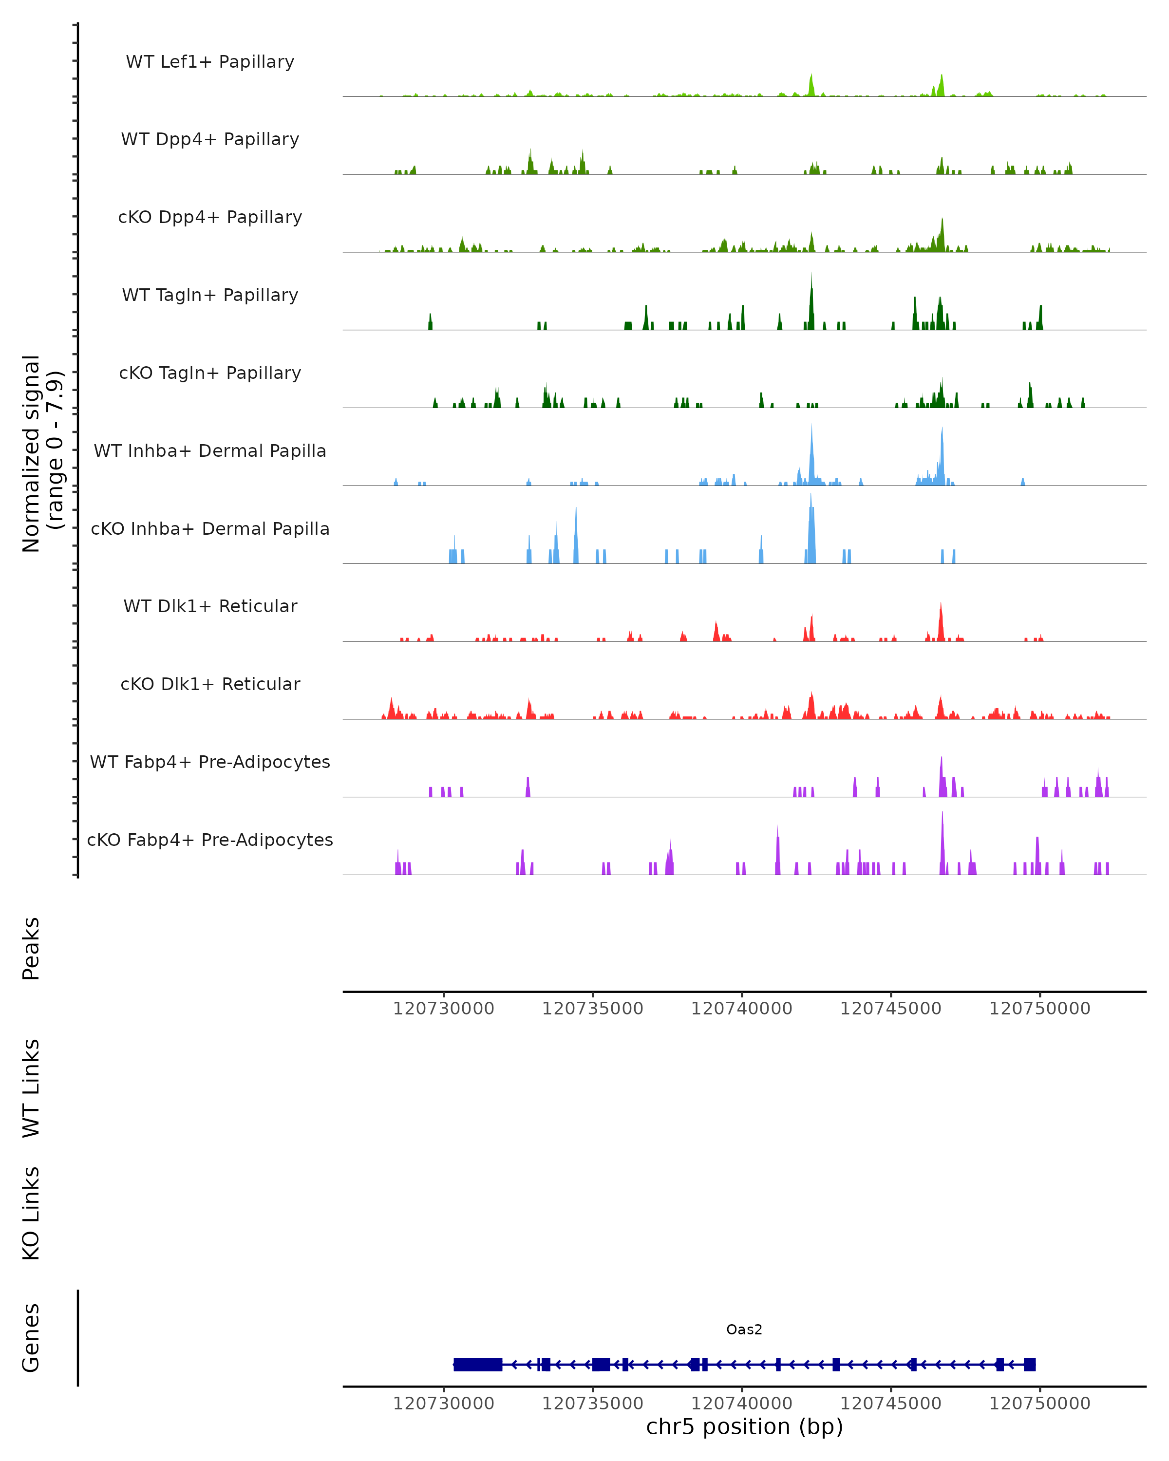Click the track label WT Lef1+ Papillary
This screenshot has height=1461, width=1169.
coord(210,62)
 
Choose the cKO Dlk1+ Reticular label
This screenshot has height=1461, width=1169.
coord(210,684)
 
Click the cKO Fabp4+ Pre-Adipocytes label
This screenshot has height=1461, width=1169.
coord(210,840)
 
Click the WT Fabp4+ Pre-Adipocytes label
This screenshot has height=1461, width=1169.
coord(210,762)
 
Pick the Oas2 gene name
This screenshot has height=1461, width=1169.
coord(744,1330)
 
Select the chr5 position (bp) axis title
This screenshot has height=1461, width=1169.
coord(744,1427)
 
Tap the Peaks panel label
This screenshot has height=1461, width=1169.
coord(31,948)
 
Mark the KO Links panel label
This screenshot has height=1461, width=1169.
coord(31,1213)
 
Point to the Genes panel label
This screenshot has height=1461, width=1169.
coord(31,1338)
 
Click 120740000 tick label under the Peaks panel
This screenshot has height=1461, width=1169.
coord(741,1009)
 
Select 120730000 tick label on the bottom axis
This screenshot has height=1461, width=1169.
coord(444,1404)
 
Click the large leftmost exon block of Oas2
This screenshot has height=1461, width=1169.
coord(478,1365)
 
